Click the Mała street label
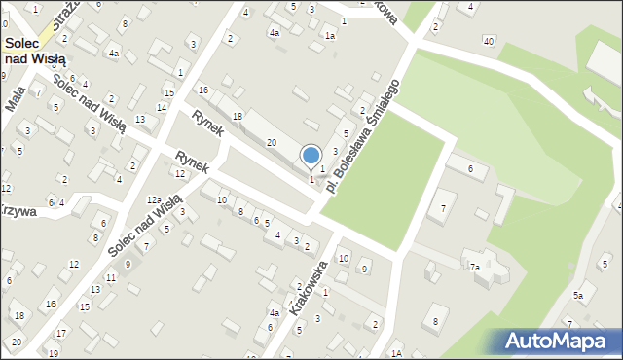click(16, 98)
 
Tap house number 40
click(488, 40)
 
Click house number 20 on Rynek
click(272, 143)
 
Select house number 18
click(237, 116)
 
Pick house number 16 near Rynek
click(203, 90)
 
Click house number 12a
click(154, 199)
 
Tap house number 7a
click(475, 267)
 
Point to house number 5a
click(577, 295)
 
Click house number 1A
click(396, 353)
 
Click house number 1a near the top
click(330, 36)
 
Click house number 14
click(162, 107)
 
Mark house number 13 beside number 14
click(140, 119)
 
